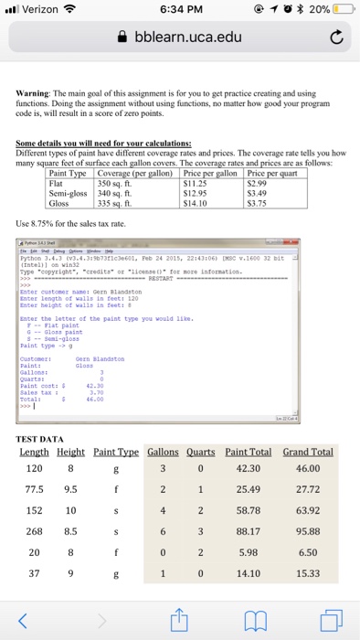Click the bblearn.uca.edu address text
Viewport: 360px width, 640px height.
coord(188,37)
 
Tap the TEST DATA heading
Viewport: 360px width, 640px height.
coord(40,439)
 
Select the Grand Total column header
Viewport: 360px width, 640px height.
coord(308,452)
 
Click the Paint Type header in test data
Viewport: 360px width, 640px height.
coord(115,452)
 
